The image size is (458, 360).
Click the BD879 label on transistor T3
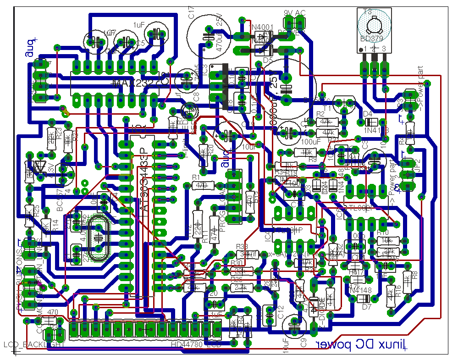(374, 39)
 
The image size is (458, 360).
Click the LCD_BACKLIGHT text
(34, 344)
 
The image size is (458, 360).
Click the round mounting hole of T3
(374, 23)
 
